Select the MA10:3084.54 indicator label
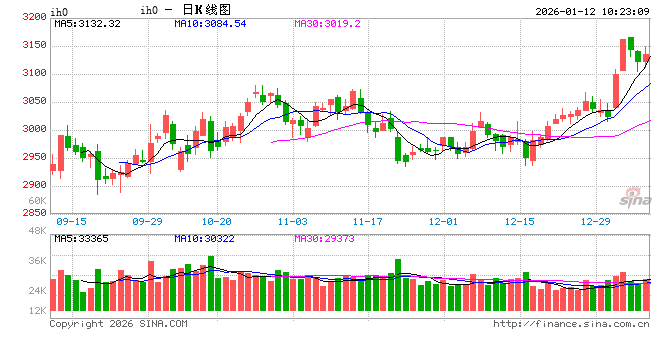210,23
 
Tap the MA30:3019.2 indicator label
333,23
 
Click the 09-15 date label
72,221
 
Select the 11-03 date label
293,221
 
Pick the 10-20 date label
218,221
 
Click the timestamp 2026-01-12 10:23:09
592,10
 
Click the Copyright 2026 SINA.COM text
118,324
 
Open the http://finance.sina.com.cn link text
571,324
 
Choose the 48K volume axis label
38,232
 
